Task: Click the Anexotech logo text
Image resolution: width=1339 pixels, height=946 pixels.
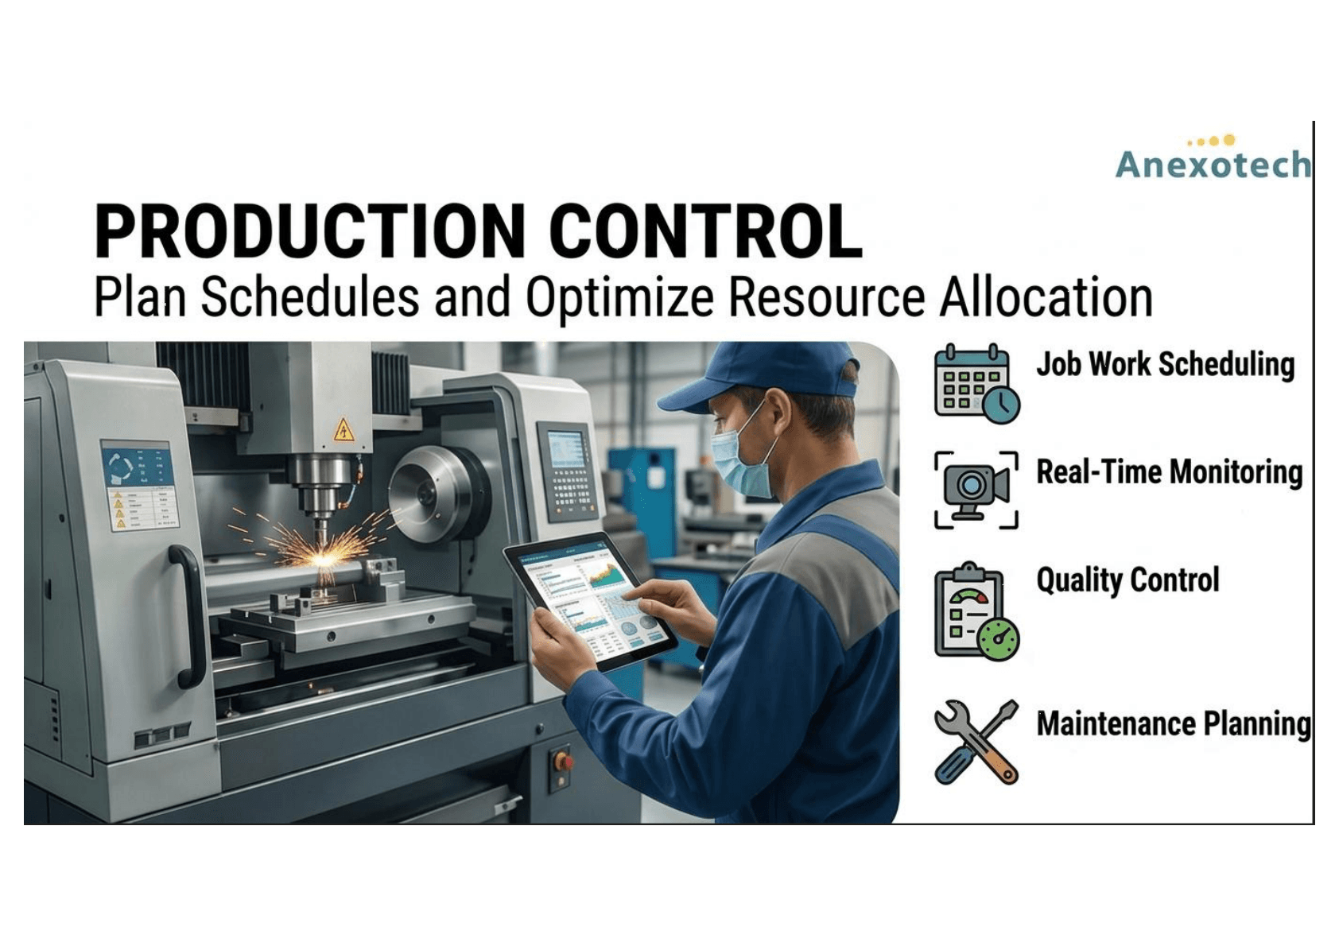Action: [x=1213, y=164]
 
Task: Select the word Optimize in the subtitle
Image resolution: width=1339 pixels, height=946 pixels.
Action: [x=619, y=297]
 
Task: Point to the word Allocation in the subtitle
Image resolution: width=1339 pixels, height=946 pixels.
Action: [x=1046, y=297]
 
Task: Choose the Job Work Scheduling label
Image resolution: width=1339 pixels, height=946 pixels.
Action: [x=1165, y=364]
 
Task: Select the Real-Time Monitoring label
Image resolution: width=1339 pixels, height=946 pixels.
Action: [x=1169, y=471]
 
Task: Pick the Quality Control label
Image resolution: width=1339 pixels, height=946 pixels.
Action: [x=1127, y=580]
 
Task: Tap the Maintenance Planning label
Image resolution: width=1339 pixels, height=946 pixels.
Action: [x=1173, y=723]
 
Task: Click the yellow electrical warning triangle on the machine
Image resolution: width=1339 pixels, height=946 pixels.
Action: [x=343, y=430]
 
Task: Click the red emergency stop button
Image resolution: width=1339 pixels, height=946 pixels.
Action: [x=563, y=761]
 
